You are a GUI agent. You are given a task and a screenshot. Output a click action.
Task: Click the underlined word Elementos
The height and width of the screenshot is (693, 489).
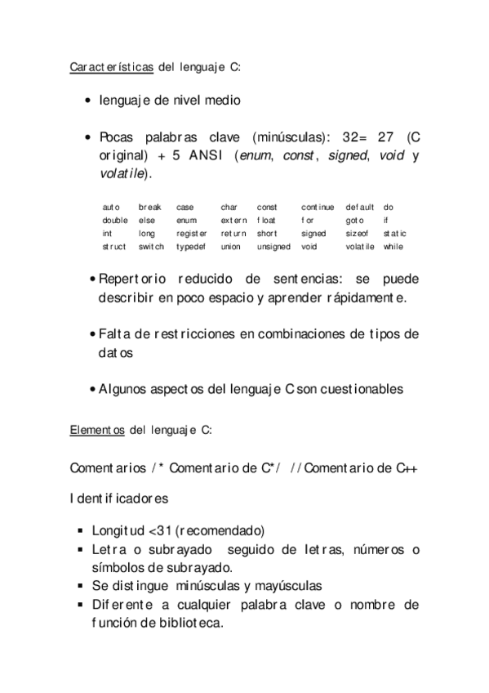pos(97,428)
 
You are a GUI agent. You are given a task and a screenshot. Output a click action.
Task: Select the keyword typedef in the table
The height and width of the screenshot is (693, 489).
pos(192,246)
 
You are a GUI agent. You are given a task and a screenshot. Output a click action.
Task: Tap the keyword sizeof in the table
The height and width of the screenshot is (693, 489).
pos(358,233)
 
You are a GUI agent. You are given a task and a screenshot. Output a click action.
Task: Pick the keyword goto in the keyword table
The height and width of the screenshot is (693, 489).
pos(354,220)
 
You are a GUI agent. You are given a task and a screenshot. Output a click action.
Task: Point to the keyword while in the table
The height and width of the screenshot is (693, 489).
pos(393,246)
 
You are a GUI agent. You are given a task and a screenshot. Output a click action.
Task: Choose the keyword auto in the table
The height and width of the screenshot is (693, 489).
pos(111,208)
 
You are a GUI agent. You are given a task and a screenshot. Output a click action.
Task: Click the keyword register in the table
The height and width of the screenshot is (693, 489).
pos(192,233)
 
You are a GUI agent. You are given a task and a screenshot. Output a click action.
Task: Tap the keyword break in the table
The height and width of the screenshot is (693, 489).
pos(151,208)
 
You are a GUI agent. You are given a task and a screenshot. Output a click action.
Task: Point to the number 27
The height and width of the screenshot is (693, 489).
pos(383,136)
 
